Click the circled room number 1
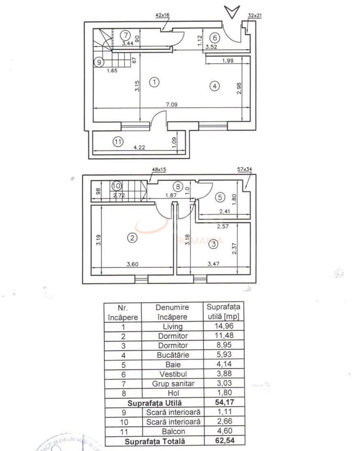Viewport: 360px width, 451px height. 154,82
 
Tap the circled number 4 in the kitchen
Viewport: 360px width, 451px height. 214,86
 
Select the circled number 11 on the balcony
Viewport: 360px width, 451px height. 118,142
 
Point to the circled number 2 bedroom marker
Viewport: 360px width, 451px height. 132,238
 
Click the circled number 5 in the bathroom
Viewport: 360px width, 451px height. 220,197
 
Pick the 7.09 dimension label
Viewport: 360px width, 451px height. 172,105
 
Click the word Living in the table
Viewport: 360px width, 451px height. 172,327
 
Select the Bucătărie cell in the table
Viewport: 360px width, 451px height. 172,355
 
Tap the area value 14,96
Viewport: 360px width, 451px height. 225,327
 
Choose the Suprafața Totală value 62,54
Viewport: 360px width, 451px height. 225,441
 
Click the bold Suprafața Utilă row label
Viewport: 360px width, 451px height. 155,403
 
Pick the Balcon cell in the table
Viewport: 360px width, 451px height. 172,432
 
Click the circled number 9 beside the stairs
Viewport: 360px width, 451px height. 98,63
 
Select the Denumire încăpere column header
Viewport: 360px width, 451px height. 172,312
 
